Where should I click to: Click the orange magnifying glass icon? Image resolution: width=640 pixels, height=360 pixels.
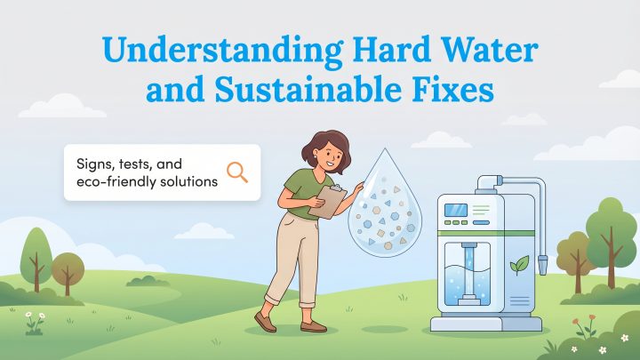pyautogui.click(x=237, y=172)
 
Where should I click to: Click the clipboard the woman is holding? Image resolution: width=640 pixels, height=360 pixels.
pyautogui.click(x=326, y=203)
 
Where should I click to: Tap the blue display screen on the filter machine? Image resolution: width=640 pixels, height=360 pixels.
pyautogui.click(x=456, y=210)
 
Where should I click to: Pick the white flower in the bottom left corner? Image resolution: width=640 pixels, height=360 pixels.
pyautogui.click(x=28, y=315)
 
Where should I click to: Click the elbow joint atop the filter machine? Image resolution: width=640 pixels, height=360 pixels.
pyautogui.click(x=487, y=184)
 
